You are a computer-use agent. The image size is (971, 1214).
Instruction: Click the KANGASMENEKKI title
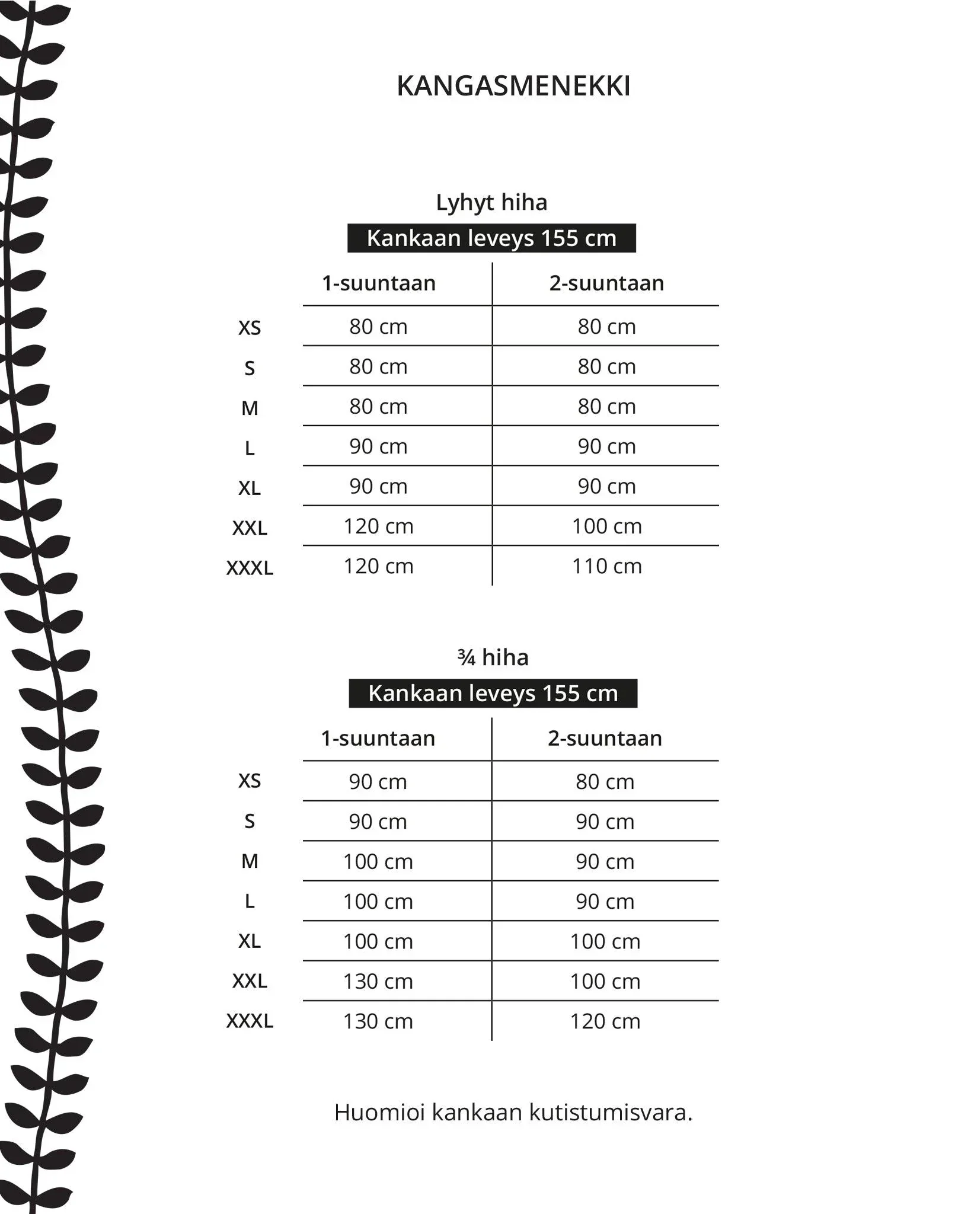513,87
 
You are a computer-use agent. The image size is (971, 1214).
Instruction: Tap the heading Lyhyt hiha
491,203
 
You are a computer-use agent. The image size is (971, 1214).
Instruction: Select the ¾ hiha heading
493,657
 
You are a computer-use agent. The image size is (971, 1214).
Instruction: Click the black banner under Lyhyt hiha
491,238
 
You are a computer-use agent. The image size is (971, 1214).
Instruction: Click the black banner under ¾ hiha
493,694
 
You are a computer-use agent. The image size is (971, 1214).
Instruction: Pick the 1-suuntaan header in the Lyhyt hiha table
379,283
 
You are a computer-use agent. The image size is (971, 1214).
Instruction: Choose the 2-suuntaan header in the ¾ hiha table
605,739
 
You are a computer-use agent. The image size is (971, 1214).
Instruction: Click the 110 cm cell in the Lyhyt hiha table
606,567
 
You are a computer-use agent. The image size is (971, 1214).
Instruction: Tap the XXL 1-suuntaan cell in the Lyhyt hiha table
379,526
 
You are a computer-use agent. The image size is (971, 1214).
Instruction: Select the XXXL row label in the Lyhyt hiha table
250,568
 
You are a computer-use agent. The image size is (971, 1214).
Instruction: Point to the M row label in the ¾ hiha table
250,861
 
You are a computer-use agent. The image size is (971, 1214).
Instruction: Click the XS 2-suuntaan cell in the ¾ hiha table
605,782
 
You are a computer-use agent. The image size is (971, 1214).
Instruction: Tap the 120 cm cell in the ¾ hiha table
605,1021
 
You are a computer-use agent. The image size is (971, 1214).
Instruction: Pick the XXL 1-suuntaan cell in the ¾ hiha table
378,982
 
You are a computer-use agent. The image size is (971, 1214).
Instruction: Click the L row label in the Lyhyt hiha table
250,449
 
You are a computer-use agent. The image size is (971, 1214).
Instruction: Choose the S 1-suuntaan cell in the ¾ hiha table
378,822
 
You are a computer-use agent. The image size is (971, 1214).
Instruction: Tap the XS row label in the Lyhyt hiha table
250,328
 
